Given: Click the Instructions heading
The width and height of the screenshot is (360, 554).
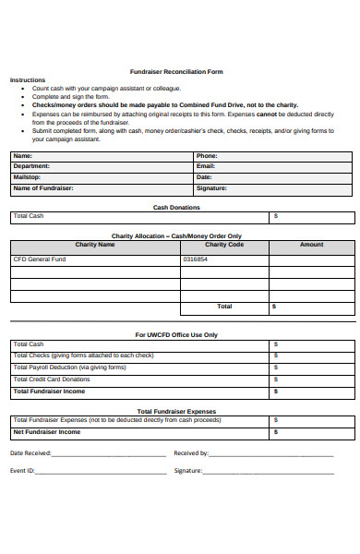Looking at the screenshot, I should click(27, 80).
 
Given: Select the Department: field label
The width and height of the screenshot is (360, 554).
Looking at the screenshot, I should click(31, 166).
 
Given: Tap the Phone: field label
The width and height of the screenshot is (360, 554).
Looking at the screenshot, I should click(207, 156).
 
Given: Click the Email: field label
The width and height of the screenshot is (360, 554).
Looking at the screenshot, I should click(205, 166).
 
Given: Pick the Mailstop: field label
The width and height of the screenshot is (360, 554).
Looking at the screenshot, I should click(27, 177).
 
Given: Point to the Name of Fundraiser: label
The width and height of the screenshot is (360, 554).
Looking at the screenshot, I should click(42, 187).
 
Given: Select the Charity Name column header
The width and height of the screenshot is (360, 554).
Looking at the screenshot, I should click(95, 245).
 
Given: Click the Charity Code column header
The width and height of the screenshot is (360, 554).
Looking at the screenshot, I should click(224, 245).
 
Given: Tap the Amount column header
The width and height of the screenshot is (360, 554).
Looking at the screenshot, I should click(312, 245).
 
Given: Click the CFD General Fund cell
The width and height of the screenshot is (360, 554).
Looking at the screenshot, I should click(40, 259).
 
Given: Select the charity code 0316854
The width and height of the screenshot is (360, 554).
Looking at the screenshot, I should click(196, 259).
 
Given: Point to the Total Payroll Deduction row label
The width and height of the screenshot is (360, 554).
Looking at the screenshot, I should click(69, 367).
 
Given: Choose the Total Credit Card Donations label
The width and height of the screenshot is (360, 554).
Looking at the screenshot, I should click(52, 379).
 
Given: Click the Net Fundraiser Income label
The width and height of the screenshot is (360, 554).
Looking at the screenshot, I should click(46, 431).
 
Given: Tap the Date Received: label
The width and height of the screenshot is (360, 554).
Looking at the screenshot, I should click(31, 453).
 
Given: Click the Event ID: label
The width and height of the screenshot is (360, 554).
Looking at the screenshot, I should click(23, 470).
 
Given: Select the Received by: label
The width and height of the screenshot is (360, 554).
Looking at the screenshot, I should click(191, 453).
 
